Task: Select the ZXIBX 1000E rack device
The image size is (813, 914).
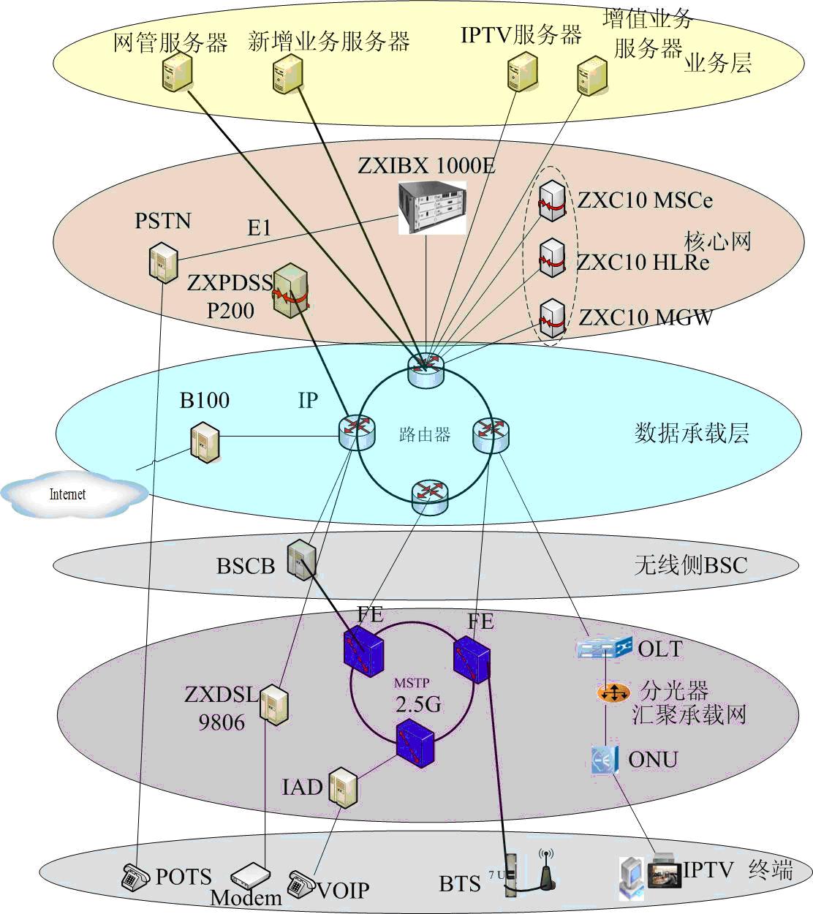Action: [x=432, y=208]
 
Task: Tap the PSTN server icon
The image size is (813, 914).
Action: [x=162, y=263]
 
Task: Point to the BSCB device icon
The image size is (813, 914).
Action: [x=300, y=560]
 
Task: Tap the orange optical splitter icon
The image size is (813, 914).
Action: [x=613, y=692]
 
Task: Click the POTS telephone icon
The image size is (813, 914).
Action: [x=136, y=877]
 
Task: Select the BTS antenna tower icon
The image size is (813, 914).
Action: [x=545, y=870]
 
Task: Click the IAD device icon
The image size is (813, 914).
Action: [x=342, y=788]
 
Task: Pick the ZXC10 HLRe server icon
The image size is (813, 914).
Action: [x=552, y=257]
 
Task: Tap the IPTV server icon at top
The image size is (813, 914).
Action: [x=522, y=72]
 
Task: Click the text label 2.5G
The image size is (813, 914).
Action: [x=418, y=704]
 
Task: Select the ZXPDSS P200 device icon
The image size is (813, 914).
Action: [x=290, y=291]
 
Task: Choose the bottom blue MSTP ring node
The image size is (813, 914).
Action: [x=415, y=743]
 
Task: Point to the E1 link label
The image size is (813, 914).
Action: [x=259, y=228]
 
